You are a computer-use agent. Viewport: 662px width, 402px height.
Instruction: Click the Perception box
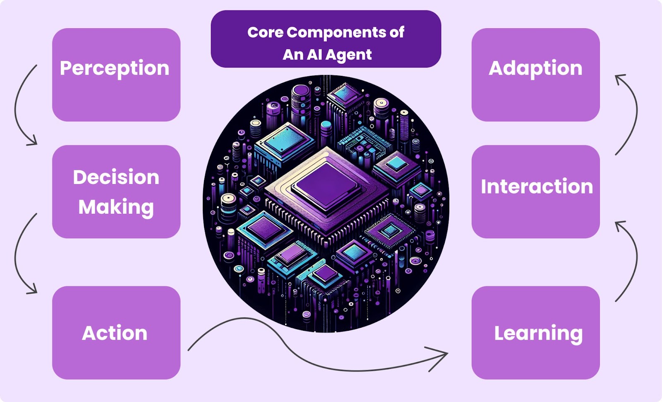[x=116, y=75]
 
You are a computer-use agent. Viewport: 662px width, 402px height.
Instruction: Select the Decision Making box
[x=116, y=191]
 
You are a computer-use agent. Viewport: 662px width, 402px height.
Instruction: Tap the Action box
[x=116, y=333]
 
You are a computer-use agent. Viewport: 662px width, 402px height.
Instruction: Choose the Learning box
[x=535, y=333]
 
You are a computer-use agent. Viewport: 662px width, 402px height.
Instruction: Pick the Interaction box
[x=535, y=191]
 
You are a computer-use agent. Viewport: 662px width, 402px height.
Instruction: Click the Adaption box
[x=535, y=75]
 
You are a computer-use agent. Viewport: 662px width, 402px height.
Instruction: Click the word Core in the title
[x=265, y=32]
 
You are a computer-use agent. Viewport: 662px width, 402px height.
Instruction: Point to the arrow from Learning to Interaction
[x=636, y=261]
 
